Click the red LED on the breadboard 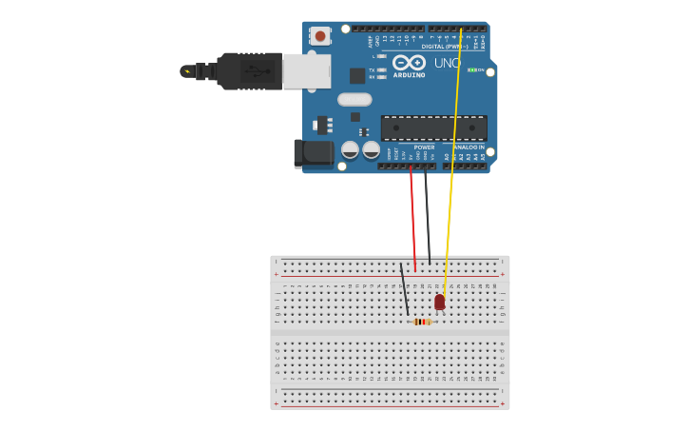coord(439,302)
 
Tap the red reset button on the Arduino coord(320,36)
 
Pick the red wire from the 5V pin coord(412,219)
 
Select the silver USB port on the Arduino coord(307,71)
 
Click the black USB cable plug coord(249,71)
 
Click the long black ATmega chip coord(433,127)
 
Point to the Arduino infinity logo coord(409,63)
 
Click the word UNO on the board coord(447,64)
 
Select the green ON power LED coord(472,70)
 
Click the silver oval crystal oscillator coord(354,99)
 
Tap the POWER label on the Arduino coord(424,147)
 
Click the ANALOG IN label coord(469,147)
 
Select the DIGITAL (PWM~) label coord(445,46)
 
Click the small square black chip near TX coord(356,75)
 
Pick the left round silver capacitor coord(350,149)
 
